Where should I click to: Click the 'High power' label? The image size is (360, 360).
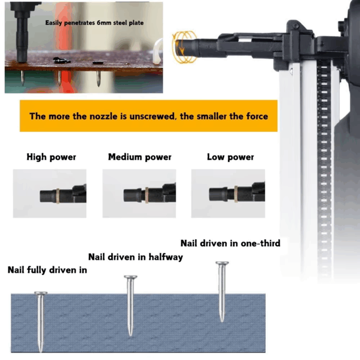click(51, 157)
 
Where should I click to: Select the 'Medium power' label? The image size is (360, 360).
click(139, 157)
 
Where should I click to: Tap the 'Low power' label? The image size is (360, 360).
click(230, 157)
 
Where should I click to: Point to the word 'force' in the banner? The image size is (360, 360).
click(257, 116)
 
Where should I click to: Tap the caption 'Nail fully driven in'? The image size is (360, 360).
click(47, 270)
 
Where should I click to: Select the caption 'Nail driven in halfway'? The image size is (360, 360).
click(135, 257)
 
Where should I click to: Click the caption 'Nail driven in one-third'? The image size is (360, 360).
click(230, 243)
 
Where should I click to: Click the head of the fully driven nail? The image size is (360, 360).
click(41, 293)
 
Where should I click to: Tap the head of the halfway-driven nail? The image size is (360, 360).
click(131, 277)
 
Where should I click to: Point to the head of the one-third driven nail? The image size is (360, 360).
click(222, 263)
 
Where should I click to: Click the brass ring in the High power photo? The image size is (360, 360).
click(58, 196)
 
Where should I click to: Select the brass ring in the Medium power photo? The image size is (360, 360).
click(147, 195)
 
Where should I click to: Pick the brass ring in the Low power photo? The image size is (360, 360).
click(236, 194)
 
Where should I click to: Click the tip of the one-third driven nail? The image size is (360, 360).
click(222, 321)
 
